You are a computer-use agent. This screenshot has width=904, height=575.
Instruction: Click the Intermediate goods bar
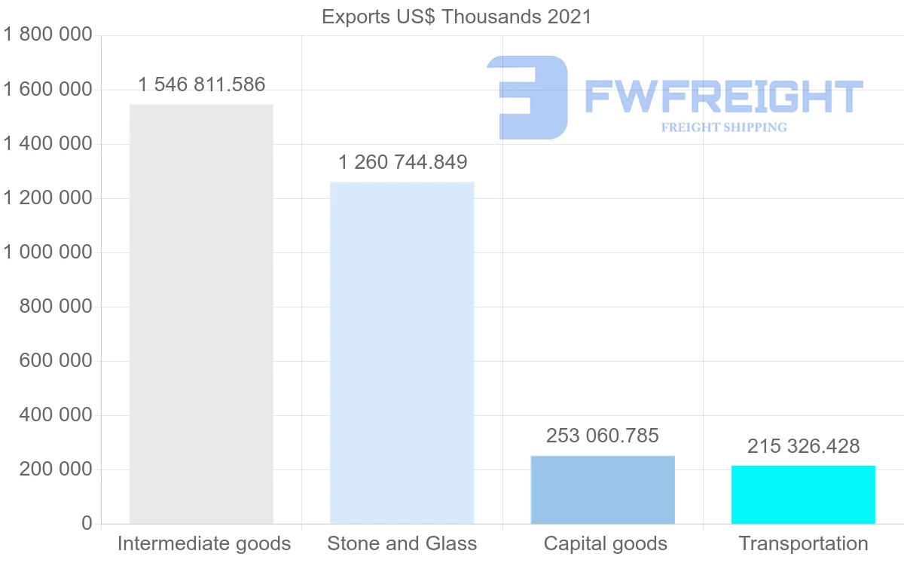201,313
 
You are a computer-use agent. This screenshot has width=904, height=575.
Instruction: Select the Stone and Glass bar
402,353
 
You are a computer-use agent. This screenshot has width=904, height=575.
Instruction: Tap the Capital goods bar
603,489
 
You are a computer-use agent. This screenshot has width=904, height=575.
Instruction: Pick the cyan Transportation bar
803,494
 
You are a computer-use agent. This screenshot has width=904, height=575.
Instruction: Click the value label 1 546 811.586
202,84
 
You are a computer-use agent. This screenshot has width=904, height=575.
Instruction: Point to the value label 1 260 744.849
402,162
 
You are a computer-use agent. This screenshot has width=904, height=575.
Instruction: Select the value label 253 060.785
603,436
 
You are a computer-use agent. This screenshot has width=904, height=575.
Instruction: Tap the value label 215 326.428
803,446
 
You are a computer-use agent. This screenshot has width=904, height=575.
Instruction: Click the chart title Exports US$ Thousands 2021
457,17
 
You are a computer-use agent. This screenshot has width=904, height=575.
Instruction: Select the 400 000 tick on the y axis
55,415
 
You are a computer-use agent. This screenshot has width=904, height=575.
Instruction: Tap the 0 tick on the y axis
86,524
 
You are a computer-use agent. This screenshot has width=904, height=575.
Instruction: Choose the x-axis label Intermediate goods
204,543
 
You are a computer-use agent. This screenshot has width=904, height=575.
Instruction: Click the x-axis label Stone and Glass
402,543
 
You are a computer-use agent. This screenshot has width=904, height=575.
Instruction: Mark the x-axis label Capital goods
606,543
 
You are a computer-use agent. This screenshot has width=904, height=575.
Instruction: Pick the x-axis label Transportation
803,543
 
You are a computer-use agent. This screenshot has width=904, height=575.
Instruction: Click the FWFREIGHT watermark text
723,96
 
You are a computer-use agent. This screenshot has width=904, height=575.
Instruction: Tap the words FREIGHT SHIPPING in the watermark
724,127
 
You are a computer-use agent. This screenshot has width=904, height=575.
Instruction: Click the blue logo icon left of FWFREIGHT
527,96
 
